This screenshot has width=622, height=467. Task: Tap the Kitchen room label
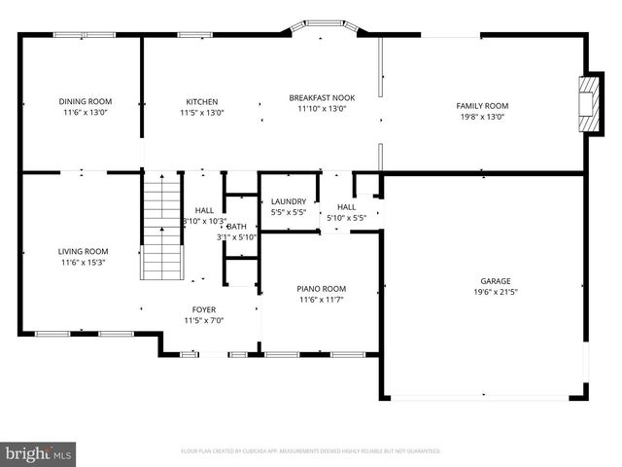(202, 101)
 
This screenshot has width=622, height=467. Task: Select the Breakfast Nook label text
(322, 97)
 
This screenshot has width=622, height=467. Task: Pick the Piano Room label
(321, 288)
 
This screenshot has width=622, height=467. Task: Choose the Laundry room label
(288, 201)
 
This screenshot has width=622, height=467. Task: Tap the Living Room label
(83, 251)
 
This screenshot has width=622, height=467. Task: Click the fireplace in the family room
(587, 103)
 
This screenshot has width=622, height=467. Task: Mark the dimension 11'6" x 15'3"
(83, 262)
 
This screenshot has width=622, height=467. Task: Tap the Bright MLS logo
(39, 453)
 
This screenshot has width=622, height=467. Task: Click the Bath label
(236, 226)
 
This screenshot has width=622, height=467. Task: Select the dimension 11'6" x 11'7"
(321, 299)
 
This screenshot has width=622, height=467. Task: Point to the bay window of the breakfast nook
(321, 28)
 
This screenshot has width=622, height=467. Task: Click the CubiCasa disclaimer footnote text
(311, 451)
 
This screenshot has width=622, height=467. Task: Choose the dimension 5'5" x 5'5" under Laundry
(288, 211)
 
